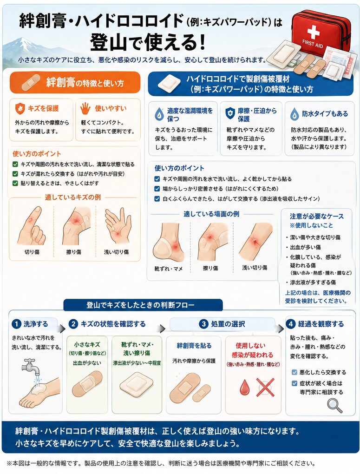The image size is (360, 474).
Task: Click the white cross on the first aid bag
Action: [313, 31]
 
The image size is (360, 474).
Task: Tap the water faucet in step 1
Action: [30, 366]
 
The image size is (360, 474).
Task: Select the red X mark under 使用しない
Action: [265, 387]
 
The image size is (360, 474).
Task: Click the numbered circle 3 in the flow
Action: [204, 324]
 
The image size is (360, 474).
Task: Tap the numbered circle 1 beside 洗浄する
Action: [16, 324]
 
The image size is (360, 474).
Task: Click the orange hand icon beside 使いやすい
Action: [85, 108]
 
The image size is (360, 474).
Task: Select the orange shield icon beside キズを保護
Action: [20, 109]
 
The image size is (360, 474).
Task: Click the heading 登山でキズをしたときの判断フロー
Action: [141, 305]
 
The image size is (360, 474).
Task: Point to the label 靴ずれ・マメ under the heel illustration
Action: [168, 268]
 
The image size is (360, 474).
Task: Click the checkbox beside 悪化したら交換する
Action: [294, 372]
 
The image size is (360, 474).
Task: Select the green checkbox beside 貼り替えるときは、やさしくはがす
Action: [15, 183]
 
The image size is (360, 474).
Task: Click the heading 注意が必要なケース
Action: [317, 217]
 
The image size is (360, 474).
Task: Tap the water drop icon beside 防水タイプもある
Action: [295, 114]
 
